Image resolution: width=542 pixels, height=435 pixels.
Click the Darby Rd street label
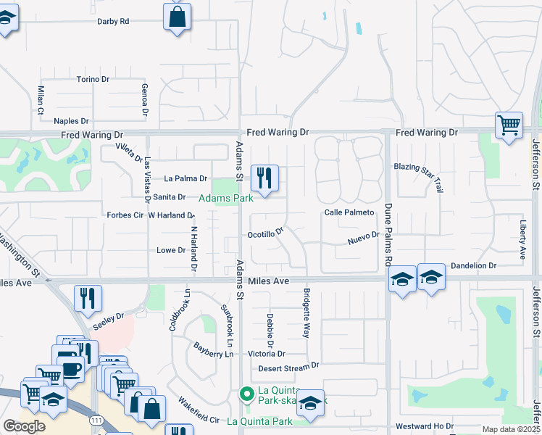coord(113,21)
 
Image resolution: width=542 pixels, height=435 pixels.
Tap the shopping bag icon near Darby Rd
coord(177,16)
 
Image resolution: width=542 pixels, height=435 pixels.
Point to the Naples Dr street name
coord(71,121)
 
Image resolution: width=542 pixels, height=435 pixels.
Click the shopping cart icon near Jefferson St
coord(509,125)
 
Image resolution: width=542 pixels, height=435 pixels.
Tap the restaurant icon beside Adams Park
coord(264,177)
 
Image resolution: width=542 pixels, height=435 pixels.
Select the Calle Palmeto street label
coord(349,212)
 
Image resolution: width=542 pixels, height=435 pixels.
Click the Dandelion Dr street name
coord(473,266)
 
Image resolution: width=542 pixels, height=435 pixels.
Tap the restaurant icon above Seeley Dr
coord(88,297)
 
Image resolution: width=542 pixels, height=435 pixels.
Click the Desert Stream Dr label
coord(288,368)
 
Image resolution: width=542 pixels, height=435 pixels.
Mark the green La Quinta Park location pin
coord(246,395)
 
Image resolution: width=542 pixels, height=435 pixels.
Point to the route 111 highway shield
coord(95,420)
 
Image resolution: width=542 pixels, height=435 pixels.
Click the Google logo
coord(25,426)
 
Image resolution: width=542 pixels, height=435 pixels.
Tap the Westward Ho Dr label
coord(425,426)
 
